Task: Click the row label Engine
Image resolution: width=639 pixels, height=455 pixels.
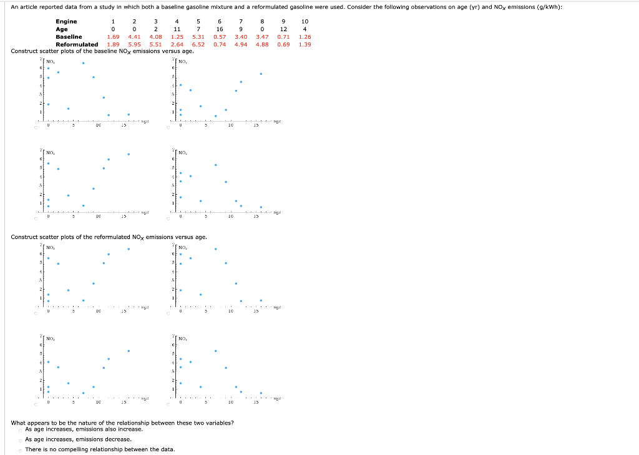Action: pos(66,21)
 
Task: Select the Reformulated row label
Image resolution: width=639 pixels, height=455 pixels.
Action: pos(77,44)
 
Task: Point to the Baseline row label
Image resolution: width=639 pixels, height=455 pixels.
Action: pos(69,37)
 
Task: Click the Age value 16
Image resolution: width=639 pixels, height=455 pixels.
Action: pos(220,29)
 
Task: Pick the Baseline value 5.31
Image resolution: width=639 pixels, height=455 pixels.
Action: pos(198,37)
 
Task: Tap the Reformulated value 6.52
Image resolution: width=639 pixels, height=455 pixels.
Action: pos(198,44)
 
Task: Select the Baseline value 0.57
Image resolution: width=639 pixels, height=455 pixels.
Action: pos(220,37)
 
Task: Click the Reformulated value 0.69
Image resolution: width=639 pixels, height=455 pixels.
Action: pos(283,44)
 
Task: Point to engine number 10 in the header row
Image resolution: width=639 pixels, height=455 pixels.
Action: pos(305,21)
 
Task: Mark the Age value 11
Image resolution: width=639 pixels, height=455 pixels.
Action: pos(177,29)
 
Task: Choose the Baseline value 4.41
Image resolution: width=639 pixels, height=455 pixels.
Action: pos(134,37)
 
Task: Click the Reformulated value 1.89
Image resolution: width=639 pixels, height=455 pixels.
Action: pos(113,44)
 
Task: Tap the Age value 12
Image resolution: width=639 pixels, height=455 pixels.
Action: pos(283,29)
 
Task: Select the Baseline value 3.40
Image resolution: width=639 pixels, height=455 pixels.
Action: pos(241,37)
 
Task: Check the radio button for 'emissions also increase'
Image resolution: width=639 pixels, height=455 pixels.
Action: pos(21,429)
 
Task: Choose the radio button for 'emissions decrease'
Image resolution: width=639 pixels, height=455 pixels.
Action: pos(21,439)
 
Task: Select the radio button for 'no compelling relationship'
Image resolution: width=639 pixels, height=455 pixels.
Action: pos(21,450)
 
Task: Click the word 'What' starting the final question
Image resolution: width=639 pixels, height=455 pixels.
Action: pos(19,423)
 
